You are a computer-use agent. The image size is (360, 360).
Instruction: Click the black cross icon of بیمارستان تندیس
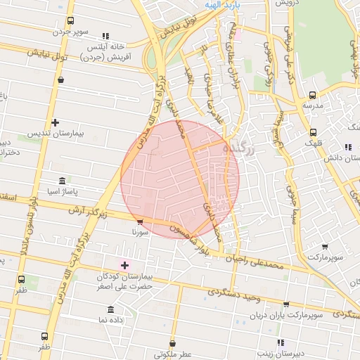(56, 122)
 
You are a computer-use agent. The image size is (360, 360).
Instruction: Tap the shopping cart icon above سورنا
(140, 222)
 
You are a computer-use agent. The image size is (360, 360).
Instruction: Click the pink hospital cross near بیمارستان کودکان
(125, 265)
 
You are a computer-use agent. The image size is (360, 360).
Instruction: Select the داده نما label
(112, 320)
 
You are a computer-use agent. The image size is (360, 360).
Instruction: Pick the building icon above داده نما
(112, 309)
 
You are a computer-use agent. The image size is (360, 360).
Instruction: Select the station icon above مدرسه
(313, 95)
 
